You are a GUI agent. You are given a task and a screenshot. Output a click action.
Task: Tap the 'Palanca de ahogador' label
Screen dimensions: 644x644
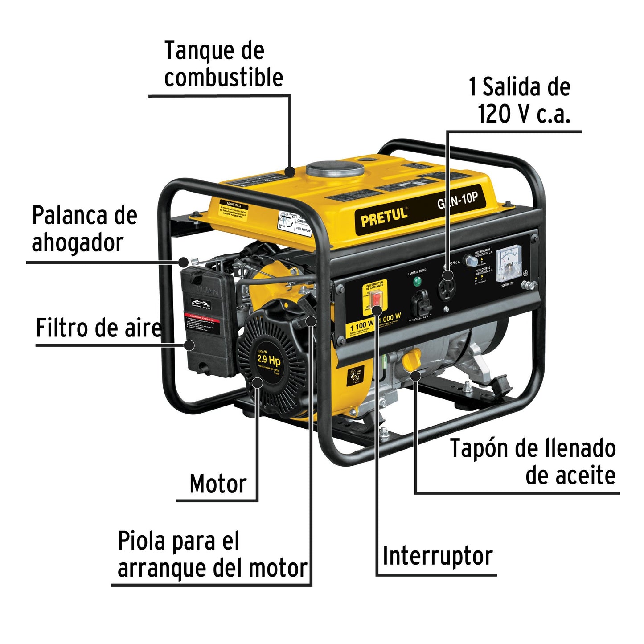click(x=84, y=229)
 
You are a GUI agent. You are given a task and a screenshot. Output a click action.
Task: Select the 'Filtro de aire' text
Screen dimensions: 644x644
click(x=98, y=328)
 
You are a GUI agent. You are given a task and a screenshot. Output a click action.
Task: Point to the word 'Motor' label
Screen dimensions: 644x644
click(x=217, y=484)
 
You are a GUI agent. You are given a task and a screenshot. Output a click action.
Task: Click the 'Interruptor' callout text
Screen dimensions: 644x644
click(x=437, y=556)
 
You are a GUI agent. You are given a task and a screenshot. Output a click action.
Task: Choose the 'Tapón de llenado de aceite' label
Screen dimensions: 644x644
click(x=533, y=462)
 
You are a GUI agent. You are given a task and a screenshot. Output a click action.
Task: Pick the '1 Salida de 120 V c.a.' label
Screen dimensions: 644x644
click(x=520, y=100)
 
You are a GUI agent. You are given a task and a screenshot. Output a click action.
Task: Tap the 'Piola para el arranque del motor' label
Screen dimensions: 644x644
click(x=212, y=555)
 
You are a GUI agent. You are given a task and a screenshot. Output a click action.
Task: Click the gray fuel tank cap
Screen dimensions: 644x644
click(x=335, y=169)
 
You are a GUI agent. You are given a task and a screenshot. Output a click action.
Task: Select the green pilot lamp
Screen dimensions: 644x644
click(x=418, y=282)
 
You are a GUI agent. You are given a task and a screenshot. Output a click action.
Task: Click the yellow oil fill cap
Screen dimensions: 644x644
click(x=412, y=360)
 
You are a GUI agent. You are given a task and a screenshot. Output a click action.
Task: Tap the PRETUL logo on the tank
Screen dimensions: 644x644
click(x=384, y=217)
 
